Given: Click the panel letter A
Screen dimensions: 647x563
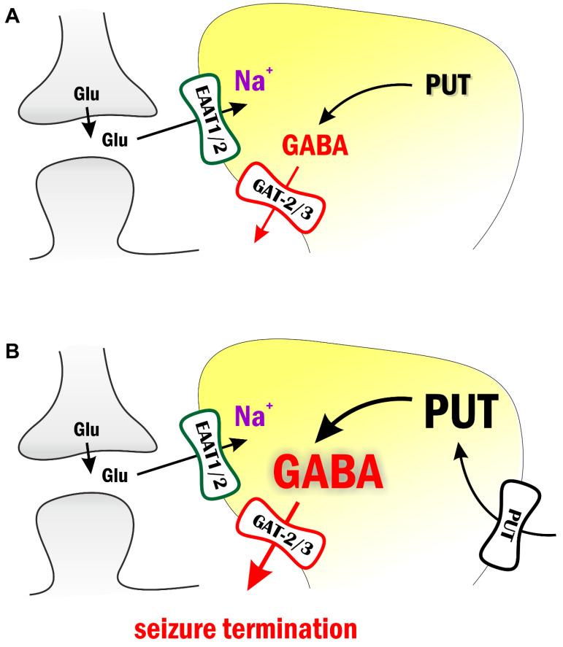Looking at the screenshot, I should [x=12, y=17].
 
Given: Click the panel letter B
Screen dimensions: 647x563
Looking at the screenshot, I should [x=12, y=351].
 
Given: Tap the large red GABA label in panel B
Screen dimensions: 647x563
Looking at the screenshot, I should [x=328, y=473].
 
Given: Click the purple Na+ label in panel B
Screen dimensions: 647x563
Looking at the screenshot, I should [x=250, y=419].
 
